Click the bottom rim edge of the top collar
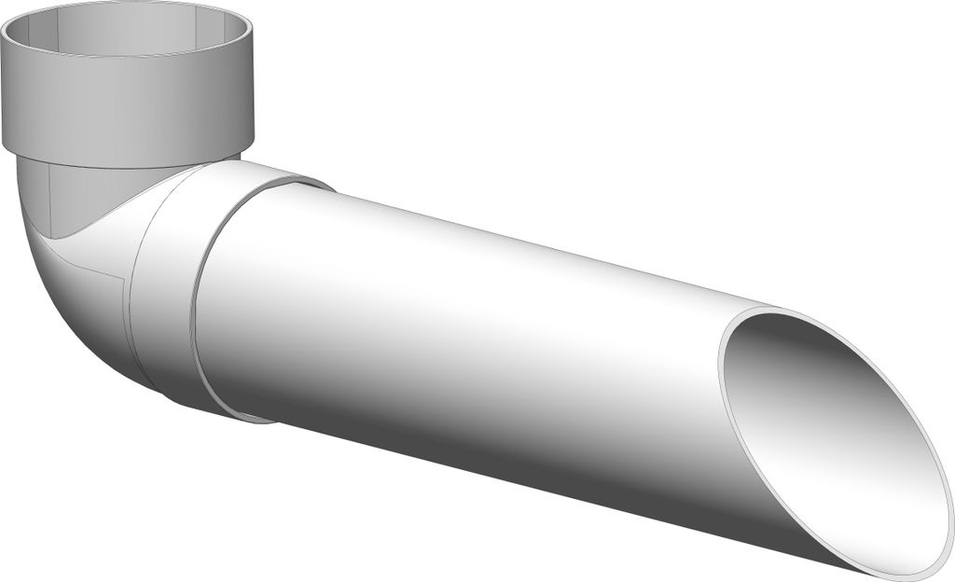[x=131, y=166]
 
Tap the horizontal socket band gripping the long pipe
[x=168, y=280]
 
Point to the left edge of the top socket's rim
[x=5, y=37]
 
